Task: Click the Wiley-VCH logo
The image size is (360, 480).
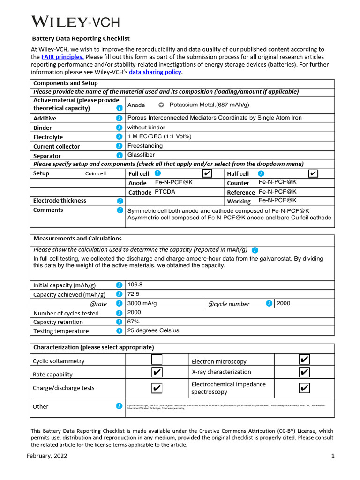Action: pyautogui.click(x=75, y=22)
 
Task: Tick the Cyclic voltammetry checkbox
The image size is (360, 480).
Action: pyautogui.click(x=157, y=360)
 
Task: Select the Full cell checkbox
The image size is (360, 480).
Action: pyautogui.click(x=207, y=173)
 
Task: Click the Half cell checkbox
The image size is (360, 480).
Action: pyautogui.click(x=313, y=173)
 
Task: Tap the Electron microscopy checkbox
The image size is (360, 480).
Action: pyautogui.click(x=304, y=360)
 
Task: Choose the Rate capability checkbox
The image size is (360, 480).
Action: pyautogui.click(x=157, y=373)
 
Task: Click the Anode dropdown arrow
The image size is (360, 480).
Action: pyautogui.click(x=161, y=105)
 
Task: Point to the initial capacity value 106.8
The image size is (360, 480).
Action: pyautogui.click(x=135, y=285)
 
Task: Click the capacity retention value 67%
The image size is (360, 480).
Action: pyautogui.click(x=134, y=322)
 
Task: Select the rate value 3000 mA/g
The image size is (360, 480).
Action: pyautogui.click(x=142, y=303)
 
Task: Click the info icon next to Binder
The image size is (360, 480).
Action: pyautogui.click(x=119, y=127)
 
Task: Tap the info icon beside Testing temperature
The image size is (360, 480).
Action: pyautogui.click(x=119, y=331)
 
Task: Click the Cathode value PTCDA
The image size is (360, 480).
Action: pyautogui.click(x=165, y=192)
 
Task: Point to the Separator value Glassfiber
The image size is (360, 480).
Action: pyautogui.click(x=141, y=155)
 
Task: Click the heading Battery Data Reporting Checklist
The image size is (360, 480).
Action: pyautogui.click(x=81, y=38)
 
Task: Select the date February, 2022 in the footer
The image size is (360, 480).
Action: pyautogui.click(x=47, y=456)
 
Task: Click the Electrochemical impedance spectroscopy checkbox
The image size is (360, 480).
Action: pyautogui.click(x=304, y=388)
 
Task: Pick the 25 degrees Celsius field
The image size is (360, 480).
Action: pyautogui.click(x=153, y=330)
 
